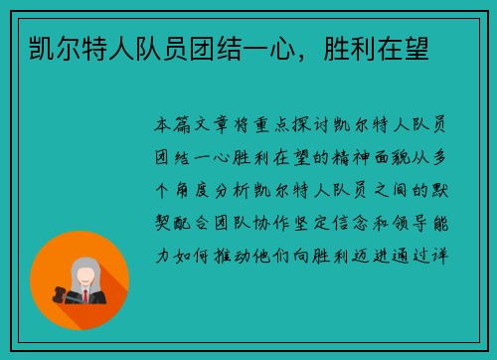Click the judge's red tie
(84, 295)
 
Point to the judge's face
(84, 271)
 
